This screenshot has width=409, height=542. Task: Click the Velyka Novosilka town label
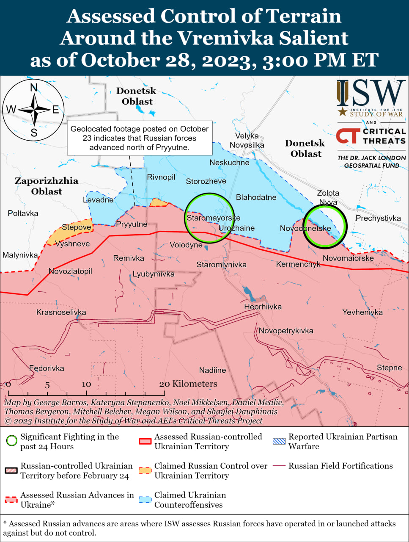247,141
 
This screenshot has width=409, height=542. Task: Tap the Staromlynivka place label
221,265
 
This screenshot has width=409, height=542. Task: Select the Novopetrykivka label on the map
286,331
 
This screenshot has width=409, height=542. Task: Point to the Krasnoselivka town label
61,312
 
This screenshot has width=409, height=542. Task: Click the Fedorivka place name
47,368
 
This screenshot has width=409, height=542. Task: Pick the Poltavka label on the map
23,213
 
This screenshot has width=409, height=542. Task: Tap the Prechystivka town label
378,218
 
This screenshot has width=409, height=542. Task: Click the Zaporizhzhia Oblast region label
47,186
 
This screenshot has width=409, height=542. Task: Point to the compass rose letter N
34,88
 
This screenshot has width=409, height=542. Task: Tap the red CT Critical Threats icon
348,136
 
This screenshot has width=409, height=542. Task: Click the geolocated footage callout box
140,138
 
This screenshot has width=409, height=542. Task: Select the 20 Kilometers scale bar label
188,384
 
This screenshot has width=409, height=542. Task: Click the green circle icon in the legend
11,441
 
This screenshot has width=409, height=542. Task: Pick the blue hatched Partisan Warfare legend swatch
279,441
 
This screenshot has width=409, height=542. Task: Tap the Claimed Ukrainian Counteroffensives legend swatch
145,500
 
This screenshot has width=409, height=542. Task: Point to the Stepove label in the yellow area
77,227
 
